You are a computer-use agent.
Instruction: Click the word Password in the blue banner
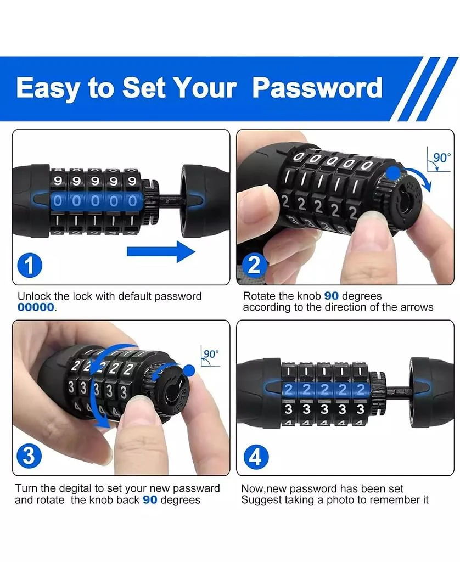[317, 87]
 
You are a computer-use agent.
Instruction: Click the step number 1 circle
[30, 266]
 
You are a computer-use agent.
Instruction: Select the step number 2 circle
[254, 266]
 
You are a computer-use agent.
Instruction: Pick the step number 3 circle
[30, 456]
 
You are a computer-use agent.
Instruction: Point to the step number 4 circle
[256, 457]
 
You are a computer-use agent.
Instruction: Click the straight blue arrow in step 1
[161, 251]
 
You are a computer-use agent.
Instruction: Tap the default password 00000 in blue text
[36, 307]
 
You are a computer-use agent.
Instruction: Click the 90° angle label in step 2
[442, 158]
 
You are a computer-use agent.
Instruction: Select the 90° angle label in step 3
[211, 354]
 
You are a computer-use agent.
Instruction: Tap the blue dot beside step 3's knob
[189, 370]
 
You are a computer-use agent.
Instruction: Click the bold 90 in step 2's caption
[332, 296]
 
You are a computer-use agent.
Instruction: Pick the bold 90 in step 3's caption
[150, 500]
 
